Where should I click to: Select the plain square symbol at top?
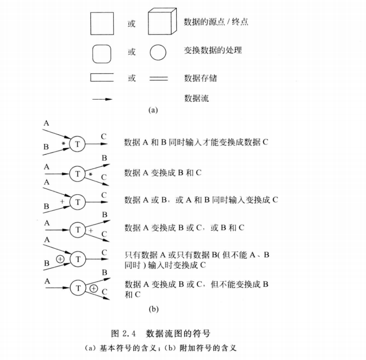point(102,24)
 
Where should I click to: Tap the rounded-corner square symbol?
point(102,53)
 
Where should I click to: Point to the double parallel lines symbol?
point(159,79)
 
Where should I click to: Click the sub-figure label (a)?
point(152,109)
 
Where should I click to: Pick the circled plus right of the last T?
point(94,289)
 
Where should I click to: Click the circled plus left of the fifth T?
point(60,258)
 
